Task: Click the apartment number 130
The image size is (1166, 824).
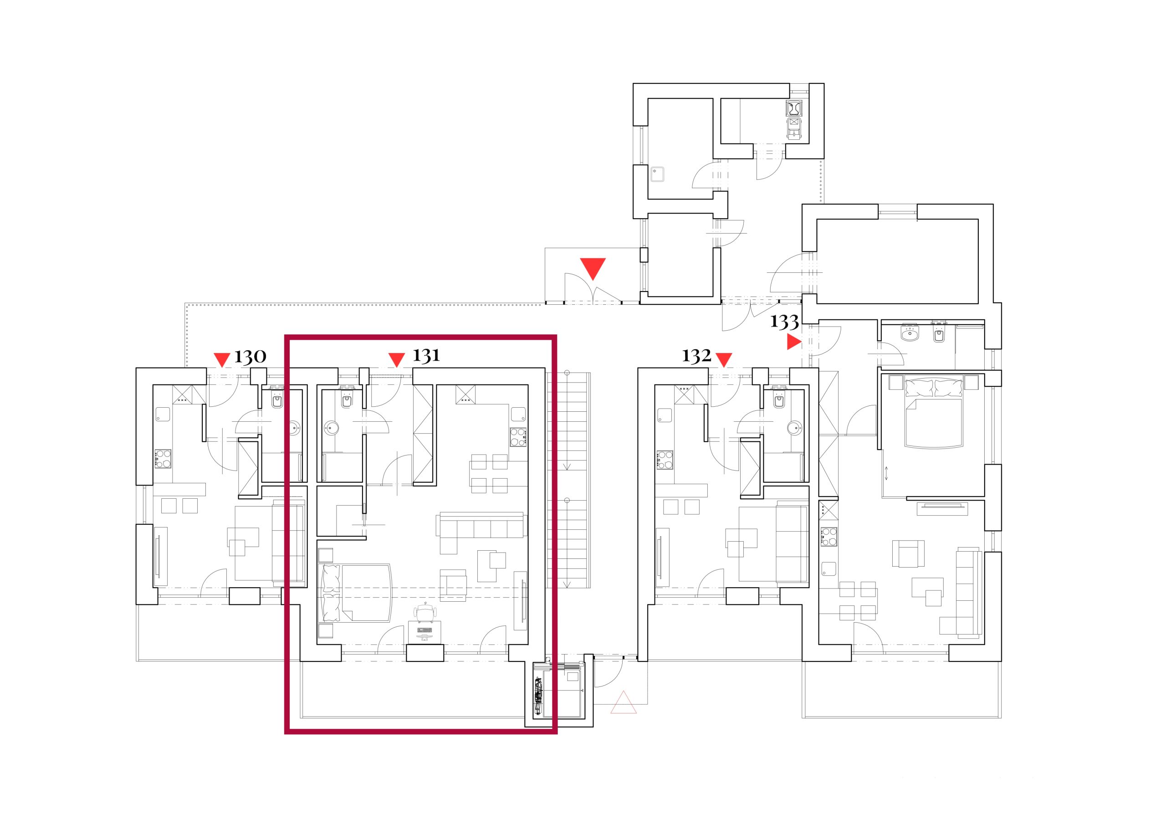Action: pyautogui.click(x=250, y=357)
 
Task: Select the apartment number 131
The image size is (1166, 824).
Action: pyautogui.click(x=426, y=356)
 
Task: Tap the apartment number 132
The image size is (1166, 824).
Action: pyautogui.click(x=696, y=356)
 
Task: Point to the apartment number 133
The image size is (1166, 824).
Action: pyautogui.click(x=785, y=322)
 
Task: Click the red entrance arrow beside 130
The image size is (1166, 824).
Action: pyautogui.click(x=222, y=359)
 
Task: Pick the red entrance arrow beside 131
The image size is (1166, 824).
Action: pyautogui.click(x=396, y=359)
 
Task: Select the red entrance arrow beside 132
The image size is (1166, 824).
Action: pyautogui.click(x=724, y=359)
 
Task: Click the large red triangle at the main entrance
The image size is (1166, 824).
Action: pyautogui.click(x=593, y=268)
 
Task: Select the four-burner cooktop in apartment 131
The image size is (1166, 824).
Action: pyautogui.click(x=518, y=437)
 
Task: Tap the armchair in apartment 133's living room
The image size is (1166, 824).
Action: pyautogui.click(x=908, y=554)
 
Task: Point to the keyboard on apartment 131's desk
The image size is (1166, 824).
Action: pyautogui.click(x=424, y=630)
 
